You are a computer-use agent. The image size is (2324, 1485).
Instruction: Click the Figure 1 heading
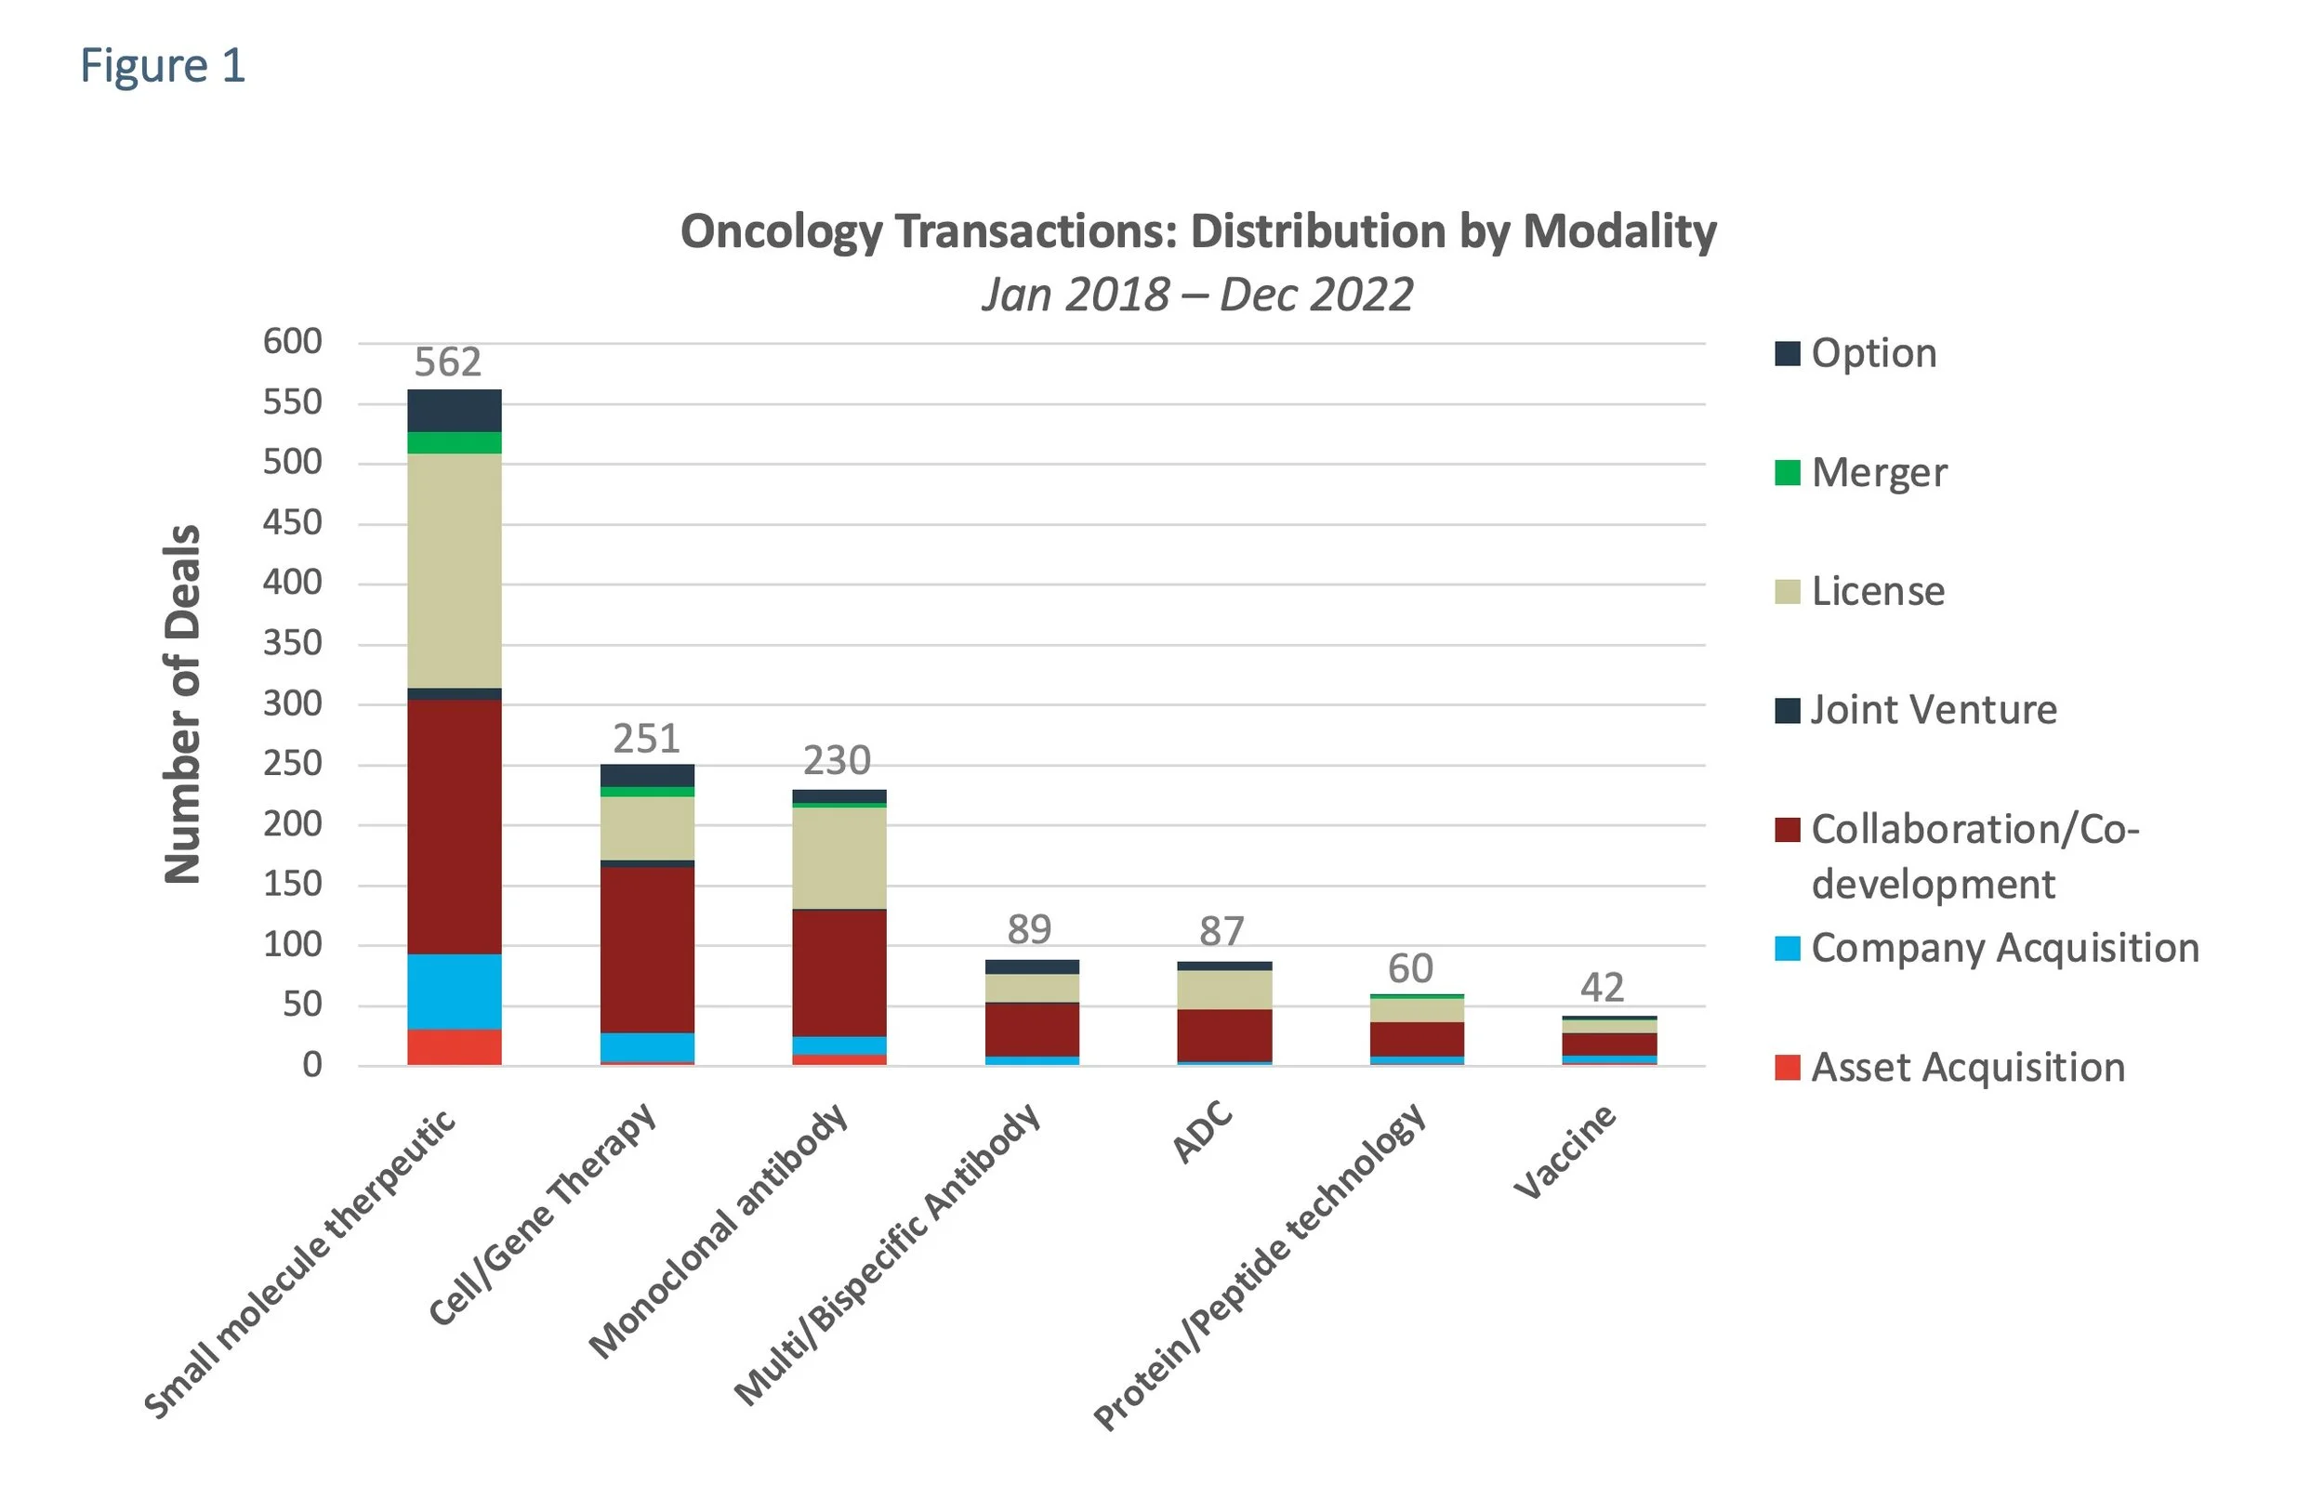click(x=162, y=67)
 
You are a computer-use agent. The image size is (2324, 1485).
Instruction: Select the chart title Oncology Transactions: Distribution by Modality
click(x=1197, y=231)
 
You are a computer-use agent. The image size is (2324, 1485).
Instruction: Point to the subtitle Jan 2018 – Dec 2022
click(x=1196, y=295)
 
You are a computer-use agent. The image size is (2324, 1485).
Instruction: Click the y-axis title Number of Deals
click(x=182, y=703)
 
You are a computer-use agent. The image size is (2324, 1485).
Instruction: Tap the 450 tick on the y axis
click(x=293, y=523)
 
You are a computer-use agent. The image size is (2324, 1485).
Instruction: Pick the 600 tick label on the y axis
click(x=293, y=342)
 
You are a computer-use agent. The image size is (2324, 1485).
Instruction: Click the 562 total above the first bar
click(x=448, y=362)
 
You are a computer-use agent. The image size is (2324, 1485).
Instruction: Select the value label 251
click(x=647, y=739)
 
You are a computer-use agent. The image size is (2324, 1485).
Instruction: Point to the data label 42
click(x=1602, y=987)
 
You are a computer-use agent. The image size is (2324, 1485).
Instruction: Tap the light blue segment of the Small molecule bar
click(x=455, y=991)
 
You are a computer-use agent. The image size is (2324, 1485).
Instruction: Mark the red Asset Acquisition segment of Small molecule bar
click(x=455, y=1047)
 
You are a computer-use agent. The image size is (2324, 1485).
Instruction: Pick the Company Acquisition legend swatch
click(x=1788, y=949)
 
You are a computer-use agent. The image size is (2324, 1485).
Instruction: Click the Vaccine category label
click(x=1565, y=1152)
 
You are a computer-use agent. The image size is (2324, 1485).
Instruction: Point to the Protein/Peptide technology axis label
click(x=1261, y=1266)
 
